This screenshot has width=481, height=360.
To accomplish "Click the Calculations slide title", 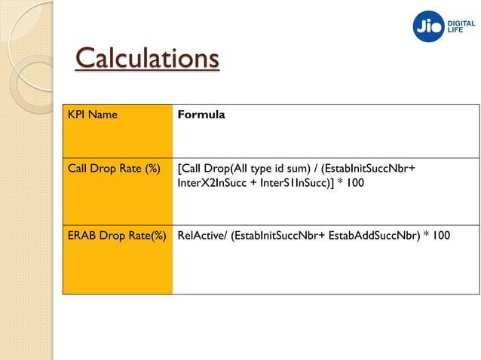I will (x=147, y=58).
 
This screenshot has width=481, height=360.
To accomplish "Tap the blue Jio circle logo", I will (x=429, y=26).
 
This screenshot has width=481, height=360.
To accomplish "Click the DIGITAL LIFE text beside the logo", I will (x=463, y=26).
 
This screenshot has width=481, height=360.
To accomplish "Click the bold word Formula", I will (x=201, y=115).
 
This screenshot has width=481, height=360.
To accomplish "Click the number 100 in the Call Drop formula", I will (x=353, y=182).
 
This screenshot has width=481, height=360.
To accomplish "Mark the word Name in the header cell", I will (x=103, y=115).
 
